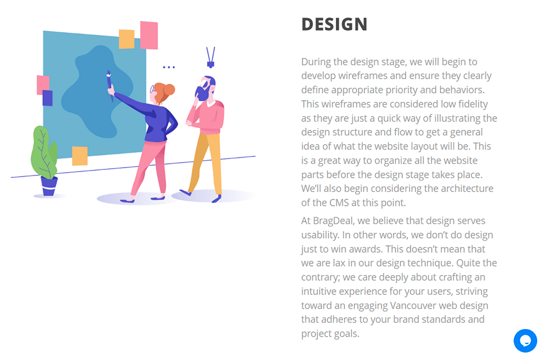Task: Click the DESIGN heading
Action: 334,24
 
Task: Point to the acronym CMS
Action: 337,202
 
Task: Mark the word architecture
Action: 461,188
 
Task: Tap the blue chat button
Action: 525,340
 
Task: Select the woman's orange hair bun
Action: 169,89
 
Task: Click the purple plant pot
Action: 49,184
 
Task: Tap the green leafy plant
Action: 44,151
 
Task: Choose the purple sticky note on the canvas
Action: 47,98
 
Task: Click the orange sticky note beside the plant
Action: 80,156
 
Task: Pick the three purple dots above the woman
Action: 169,67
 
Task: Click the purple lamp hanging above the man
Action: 210,58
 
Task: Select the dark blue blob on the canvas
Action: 96,90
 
